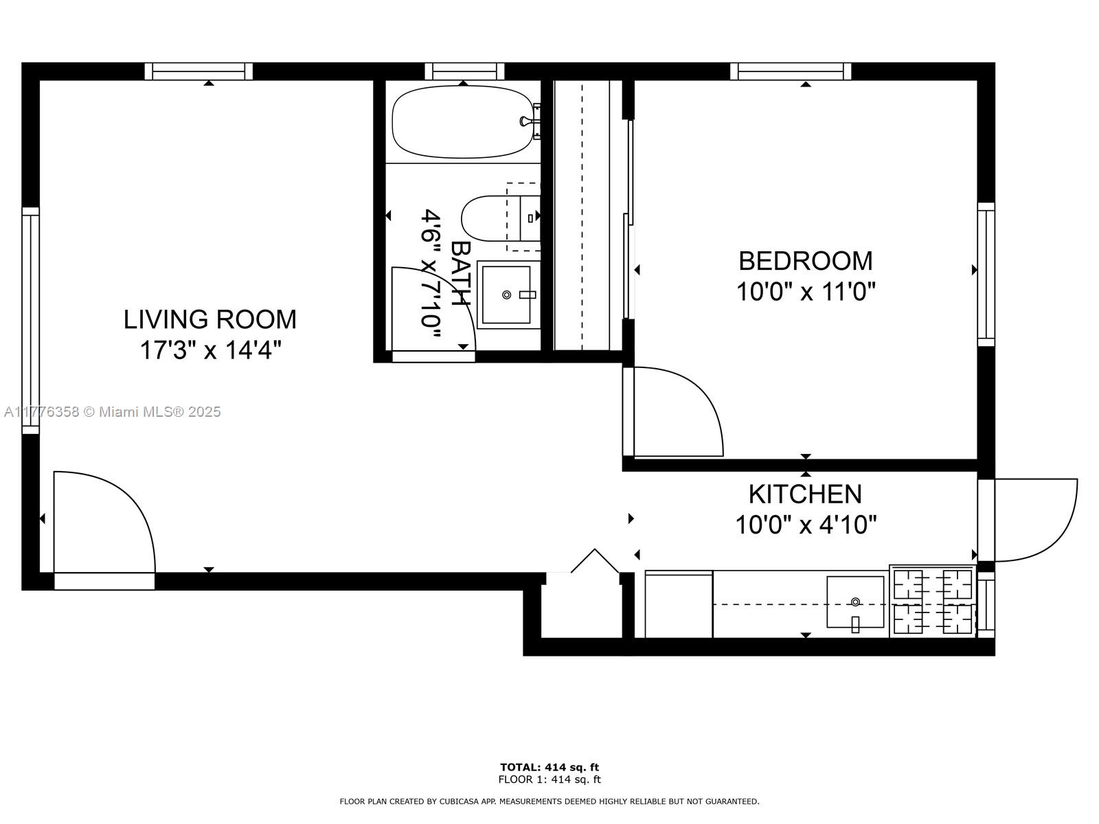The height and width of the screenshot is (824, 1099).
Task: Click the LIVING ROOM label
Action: tap(209, 319)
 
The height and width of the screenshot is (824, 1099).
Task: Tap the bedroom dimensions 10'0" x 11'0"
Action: tap(806, 292)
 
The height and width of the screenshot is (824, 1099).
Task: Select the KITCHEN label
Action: tap(804, 494)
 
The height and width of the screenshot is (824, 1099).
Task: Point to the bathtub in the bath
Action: tap(462, 122)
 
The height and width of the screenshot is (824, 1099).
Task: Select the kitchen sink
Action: tap(854, 602)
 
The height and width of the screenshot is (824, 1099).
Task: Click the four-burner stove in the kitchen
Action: tap(933, 602)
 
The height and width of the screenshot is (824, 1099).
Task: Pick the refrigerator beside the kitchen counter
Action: tap(679, 605)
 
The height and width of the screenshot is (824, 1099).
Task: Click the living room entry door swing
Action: tap(103, 522)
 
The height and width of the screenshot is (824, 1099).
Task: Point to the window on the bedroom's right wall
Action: tap(986, 273)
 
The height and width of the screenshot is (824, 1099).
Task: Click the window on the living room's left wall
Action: tap(30, 320)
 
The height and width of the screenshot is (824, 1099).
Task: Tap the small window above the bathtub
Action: tap(464, 71)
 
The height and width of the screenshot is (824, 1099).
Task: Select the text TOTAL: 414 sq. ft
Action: tap(549, 767)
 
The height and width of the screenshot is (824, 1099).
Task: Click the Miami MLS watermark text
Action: tap(112, 412)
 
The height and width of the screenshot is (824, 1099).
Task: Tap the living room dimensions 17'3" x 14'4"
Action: tap(210, 350)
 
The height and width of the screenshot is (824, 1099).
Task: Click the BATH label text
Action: tap(461, 273)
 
